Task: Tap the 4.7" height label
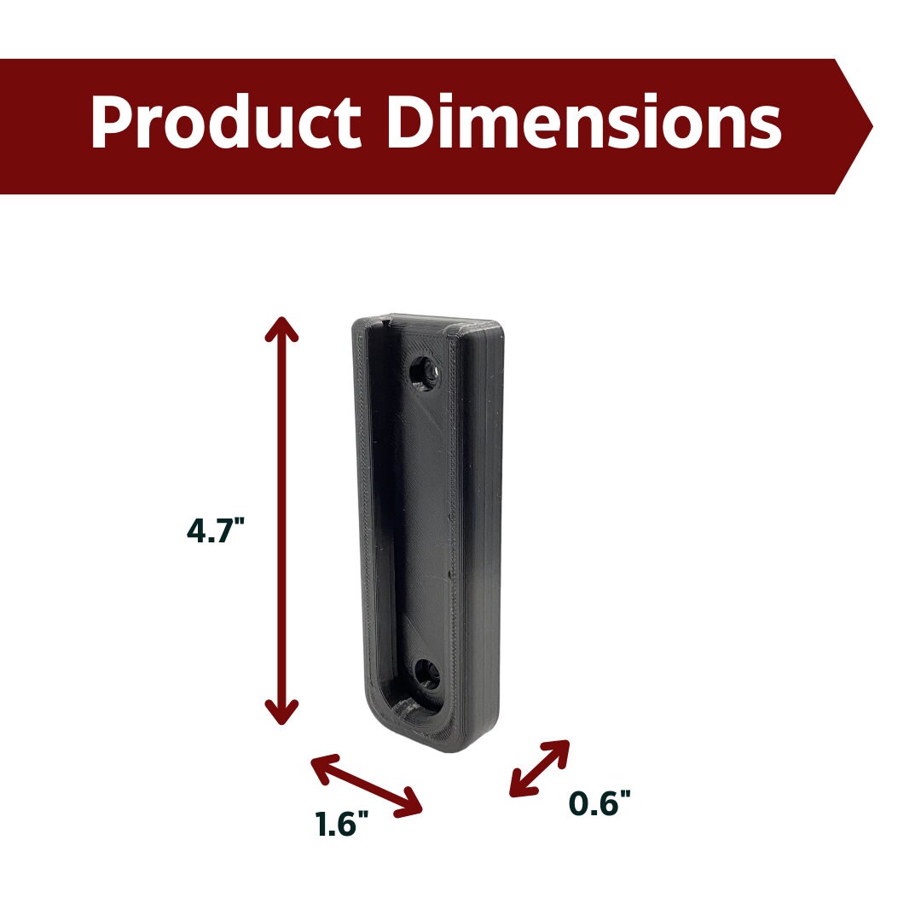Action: pyautogui.click(x=215, y=530)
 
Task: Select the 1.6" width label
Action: pyautogui.click(x=343, y=823)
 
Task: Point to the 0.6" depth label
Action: pyautogui.click(x=600, y=802)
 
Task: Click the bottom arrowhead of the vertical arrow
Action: pyautogui.click(x=282, y=713)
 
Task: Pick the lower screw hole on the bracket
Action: pyautogui.click(x=427, y=674)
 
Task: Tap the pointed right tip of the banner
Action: pyautogui.click(x=872, y=126)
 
